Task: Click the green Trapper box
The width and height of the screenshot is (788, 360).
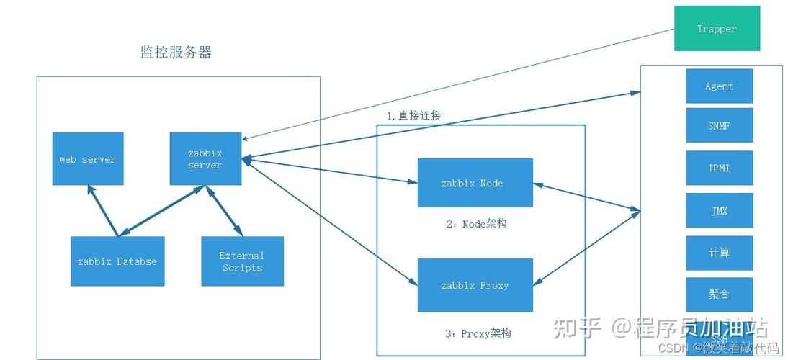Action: pyautogui.click(x=717, y=29)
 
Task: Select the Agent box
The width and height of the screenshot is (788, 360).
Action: pyautogui.click(x=719, y=86)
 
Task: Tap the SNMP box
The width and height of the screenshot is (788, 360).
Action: pyautogui.click(x=719, y=125)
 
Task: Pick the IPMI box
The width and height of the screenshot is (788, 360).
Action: pyautogui.click(x=719, y=168)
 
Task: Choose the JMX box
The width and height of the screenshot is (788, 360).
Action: pyautogui.click(x=719, y=210)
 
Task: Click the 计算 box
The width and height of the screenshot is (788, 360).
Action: pyautogui.click(x=719, y=253)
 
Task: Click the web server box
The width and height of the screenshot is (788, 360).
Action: pyautogui.click(x=87, y=159)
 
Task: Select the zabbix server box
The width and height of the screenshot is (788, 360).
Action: pyautogui.click(x=205, y=159)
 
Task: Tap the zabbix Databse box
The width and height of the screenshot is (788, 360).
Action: pyautogui.click(x=117, y=261)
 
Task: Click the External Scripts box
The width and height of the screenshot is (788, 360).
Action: pyautogui.click(x=242, y=261)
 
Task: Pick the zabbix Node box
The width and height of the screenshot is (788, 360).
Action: pyautogui.click(x=475, y=183)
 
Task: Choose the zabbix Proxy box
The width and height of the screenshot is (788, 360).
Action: pyautogui.click(x=475, y=285)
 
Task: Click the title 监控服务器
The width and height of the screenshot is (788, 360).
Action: pyautogui.click(x=176, y=53)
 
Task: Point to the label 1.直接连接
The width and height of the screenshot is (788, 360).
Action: pyautogui.click(x=413, y=115)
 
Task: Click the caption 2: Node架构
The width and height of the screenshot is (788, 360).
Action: pyautogui.click(x=476, y=224)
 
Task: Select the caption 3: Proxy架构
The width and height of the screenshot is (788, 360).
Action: pyautogui.click(x=478, y=333)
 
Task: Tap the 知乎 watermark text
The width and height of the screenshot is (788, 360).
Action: pyautogui.click(x=576, y=328)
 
